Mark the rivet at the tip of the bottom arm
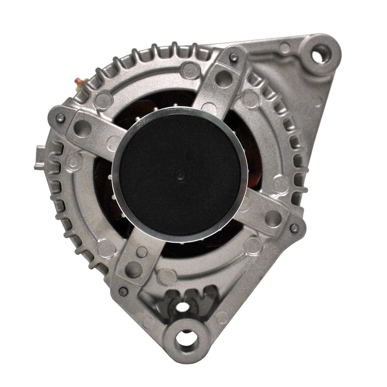pos(123,290)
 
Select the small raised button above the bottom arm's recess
pos(139,252)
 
